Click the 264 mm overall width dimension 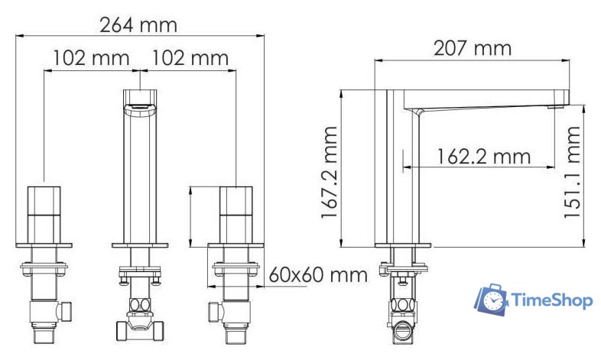(138, 24)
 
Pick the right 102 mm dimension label (190, 58)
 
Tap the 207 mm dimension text (473, 49)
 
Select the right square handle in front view (236, 214)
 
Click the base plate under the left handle (44, 245)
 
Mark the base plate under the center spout (141, 245)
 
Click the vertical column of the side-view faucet (402, 176)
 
